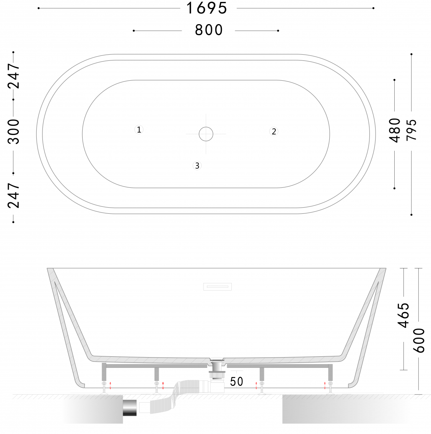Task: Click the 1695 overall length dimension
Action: tap(207, 8)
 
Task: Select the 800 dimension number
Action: tap(209, 30)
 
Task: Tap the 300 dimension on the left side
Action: tap(13, 132)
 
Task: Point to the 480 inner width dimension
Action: tap(395, 130)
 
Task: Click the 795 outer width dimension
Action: tap(411, 130)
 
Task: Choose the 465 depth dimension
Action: tap(403, 315)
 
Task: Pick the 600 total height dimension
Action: tap(419, 340)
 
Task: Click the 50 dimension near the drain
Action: tap(236, 382)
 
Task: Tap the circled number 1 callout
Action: tap(139, 130)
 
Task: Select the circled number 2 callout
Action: tap(274, 132)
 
